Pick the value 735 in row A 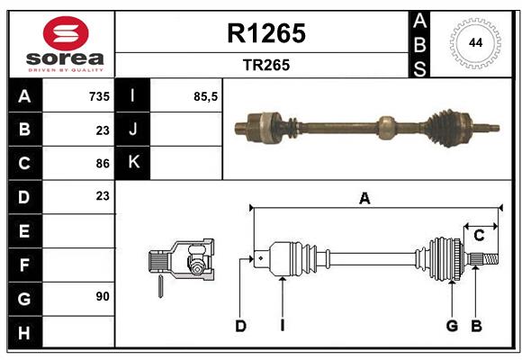click(98, 96)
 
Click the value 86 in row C click(102, 163)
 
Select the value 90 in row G click(102, 295)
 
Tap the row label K click(133, 163)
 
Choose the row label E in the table click(24, 231)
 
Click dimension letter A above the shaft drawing click(364, 199)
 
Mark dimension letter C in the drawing click(479, 235)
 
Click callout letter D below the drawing click(240, 326)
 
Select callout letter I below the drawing click(282, 326)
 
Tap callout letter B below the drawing click(477, 326)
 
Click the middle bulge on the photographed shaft click(385, 127)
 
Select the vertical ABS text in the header click(420, 43)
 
